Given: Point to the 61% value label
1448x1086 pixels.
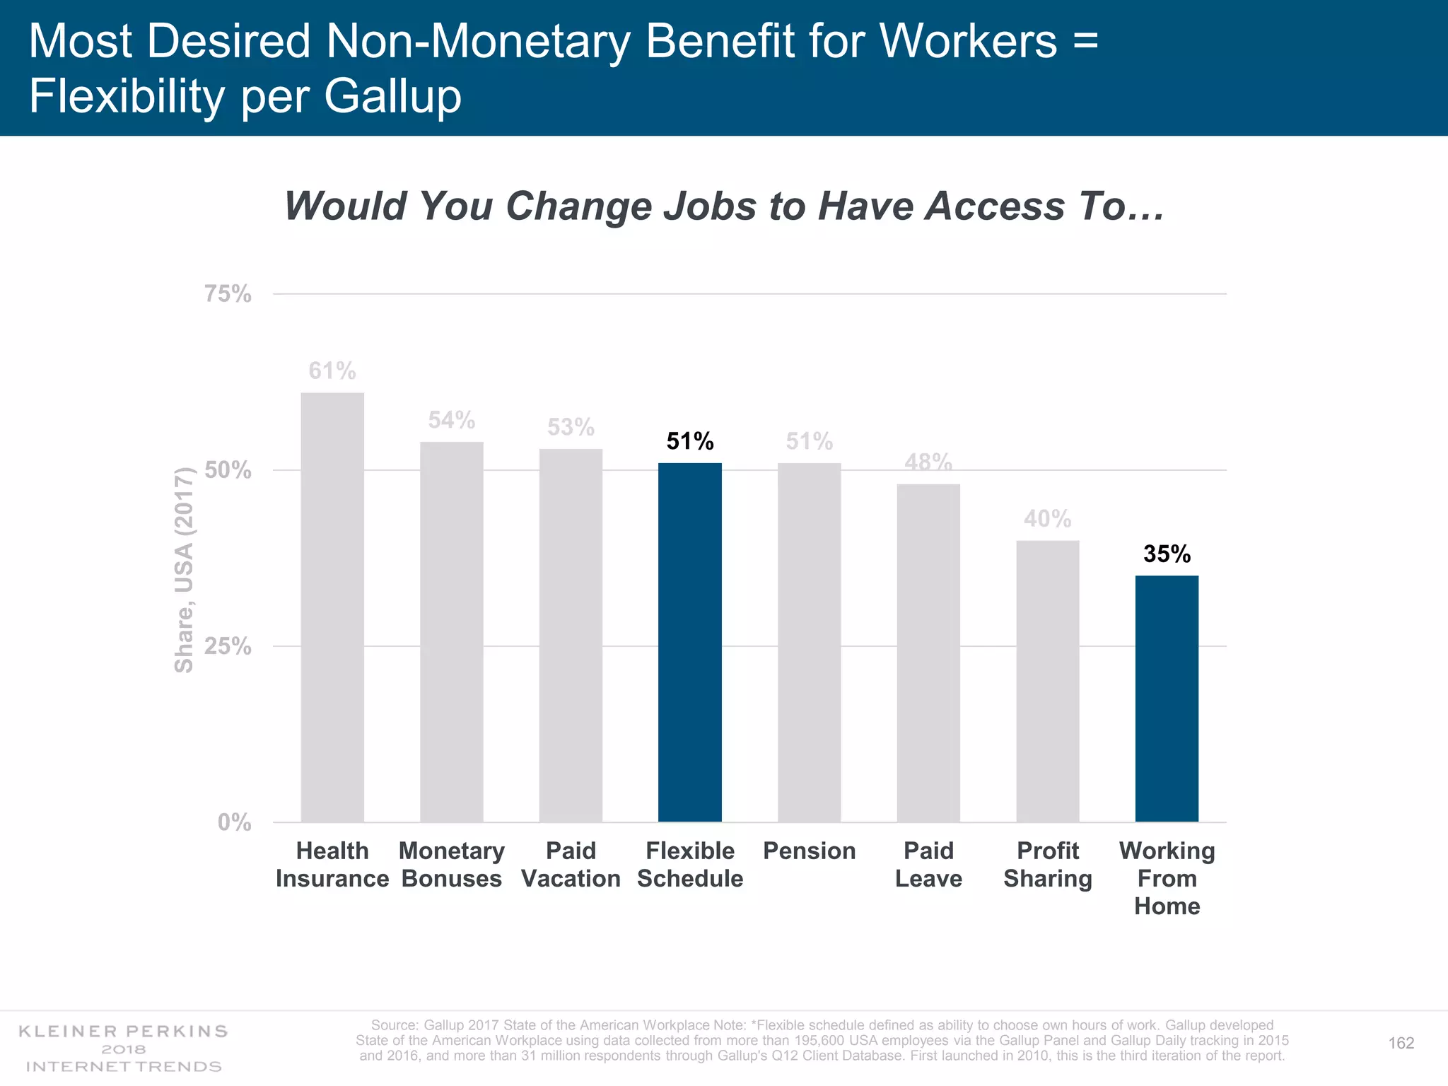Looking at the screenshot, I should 332,370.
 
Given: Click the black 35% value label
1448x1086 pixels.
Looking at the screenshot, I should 1167,554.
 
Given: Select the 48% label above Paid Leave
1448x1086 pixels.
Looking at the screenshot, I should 928,462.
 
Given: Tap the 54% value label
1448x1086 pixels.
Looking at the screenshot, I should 451,420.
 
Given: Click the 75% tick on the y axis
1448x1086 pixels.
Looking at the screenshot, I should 228,293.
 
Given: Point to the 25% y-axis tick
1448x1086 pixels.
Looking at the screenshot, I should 228,646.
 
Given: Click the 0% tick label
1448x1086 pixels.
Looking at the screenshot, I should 234,822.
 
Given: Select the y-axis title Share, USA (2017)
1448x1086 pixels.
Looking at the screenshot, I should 184,570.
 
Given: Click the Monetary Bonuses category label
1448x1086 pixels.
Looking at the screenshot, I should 451,864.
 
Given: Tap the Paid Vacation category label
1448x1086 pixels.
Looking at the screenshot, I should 571,864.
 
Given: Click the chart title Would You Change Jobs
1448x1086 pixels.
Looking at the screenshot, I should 723,206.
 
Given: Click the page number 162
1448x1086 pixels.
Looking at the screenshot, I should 1401,1043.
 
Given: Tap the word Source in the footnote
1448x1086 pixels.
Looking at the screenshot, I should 395,1025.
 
